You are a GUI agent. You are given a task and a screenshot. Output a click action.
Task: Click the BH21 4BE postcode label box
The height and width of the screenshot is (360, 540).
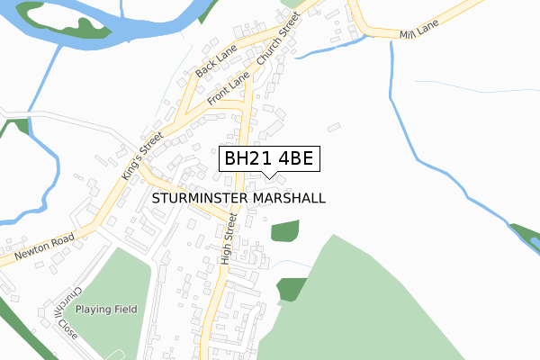268,159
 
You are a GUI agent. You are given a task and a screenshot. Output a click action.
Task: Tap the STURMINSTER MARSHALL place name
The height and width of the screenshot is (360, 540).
238,197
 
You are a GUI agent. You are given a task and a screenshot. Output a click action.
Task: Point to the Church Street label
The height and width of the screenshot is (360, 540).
277,41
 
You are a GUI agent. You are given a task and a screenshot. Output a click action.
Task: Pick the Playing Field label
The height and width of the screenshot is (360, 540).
106,309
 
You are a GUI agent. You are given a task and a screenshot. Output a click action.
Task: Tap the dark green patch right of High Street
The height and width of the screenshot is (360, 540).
284,230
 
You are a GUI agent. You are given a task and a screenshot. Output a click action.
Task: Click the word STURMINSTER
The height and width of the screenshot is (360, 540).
202,197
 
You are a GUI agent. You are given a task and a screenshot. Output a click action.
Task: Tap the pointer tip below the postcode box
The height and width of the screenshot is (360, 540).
268,176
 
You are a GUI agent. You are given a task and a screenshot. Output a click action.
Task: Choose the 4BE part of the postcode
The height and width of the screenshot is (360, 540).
292,159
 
